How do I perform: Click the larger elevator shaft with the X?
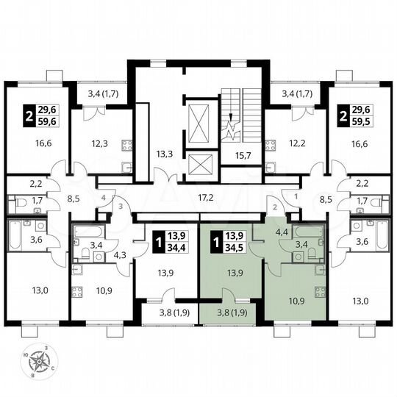[x=199, y=121]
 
